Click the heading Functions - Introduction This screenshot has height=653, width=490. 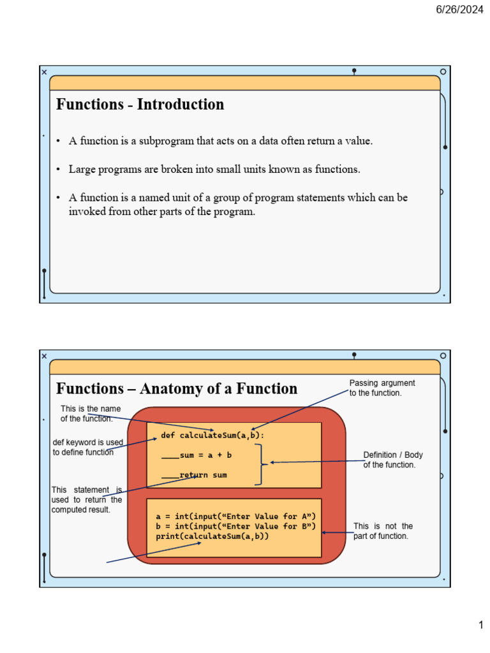(140, 105)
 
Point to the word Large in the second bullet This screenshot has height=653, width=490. (82, 170)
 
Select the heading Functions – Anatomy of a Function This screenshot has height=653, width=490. (177, 388)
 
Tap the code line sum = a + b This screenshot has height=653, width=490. (205, 455)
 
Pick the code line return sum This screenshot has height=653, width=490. (203, 475)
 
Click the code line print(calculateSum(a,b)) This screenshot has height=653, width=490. (212, 536)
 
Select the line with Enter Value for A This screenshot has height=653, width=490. (236, 516)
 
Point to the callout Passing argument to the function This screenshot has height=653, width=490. (382, 388)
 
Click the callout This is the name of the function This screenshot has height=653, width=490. (90, 413)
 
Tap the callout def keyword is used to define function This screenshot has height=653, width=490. (88, 447)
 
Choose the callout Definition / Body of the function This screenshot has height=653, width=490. (393, 460)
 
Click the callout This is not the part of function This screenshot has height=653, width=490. (383, 531)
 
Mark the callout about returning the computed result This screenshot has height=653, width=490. (86, 500)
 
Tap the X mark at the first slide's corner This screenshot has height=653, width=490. (44, 72)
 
